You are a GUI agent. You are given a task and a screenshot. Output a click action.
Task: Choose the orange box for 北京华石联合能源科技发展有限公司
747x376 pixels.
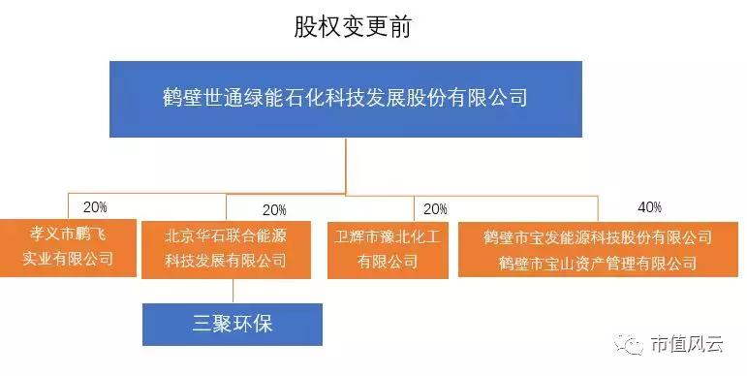click(227, 248)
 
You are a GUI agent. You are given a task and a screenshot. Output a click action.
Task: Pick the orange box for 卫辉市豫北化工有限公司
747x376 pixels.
click(388, 249)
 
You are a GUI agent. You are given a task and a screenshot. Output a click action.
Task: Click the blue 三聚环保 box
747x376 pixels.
click(232, 324)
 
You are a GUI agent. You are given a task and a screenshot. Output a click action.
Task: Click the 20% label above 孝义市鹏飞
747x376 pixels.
click(95, 207)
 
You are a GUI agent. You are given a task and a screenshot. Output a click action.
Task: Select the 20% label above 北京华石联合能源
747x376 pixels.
click(274, 209)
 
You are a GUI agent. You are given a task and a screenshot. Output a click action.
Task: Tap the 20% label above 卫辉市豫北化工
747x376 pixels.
click(435, 209)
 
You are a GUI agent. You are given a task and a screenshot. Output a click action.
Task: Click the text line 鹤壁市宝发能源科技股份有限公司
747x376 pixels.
click(598, 237)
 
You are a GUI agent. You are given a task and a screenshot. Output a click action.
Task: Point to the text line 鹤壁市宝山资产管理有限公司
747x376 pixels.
click(598, 263)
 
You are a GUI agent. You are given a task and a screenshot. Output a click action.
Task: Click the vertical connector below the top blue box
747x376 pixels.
click(346, 165)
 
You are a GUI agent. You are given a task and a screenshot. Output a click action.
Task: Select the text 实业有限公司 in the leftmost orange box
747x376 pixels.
click(69, 259)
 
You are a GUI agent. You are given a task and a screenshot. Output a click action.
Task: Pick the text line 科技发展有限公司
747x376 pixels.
click(226, 260)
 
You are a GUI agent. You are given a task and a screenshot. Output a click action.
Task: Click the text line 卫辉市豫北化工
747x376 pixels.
click(388, 236)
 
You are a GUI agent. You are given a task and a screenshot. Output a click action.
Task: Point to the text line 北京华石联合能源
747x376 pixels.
click(226, 235)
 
